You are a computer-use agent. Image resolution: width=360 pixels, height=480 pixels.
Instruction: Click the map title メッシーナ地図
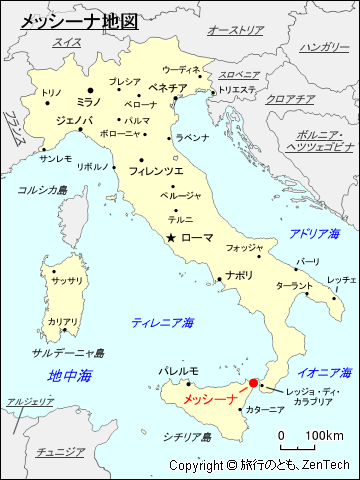[x=62, y=19]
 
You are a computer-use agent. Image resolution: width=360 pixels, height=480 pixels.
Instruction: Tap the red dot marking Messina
[x=253, y=382]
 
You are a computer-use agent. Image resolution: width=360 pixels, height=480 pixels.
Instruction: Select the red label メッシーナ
[x=210, y=398]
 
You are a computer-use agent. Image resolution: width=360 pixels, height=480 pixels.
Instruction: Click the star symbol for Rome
[x=172, y=238]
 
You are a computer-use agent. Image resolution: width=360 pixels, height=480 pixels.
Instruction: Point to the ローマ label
[x=197, y=238]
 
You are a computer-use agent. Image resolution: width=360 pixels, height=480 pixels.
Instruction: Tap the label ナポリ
[x=239, y=274]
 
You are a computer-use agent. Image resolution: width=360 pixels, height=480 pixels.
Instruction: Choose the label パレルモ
[x=178, y=371]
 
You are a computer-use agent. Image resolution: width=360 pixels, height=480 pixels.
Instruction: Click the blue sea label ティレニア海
[x=163, y=322]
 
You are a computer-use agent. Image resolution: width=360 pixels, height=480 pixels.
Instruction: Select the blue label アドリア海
[x=314, y=233]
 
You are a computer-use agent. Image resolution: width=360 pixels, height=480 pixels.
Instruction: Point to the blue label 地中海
[x=69, y=376]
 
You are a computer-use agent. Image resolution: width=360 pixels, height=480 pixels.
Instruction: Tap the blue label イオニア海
[x=320, y=372]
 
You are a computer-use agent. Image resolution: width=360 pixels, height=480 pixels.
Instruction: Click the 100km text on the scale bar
[x=325, y=436]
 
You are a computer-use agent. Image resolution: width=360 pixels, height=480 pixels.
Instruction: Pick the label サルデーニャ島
[x=68, y=353]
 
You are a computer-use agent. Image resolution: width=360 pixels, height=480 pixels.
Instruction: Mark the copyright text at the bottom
[x=261, y=466]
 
